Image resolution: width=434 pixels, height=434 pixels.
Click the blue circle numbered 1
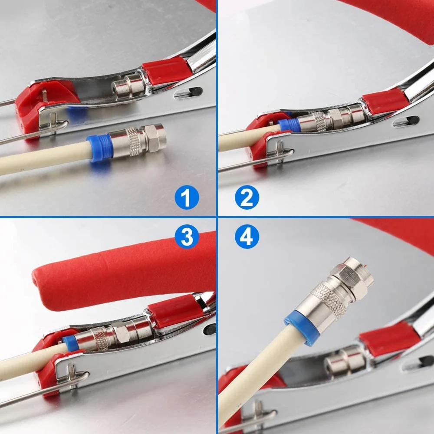pos(187,197)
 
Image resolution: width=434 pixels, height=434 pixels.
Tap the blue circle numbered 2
pos(247,197)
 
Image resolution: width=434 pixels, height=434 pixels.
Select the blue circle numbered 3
pos(187,237)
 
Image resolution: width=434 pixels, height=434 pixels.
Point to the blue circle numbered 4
pos(247,237)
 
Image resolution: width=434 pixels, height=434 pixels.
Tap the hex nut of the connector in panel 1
pos(155,138)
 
